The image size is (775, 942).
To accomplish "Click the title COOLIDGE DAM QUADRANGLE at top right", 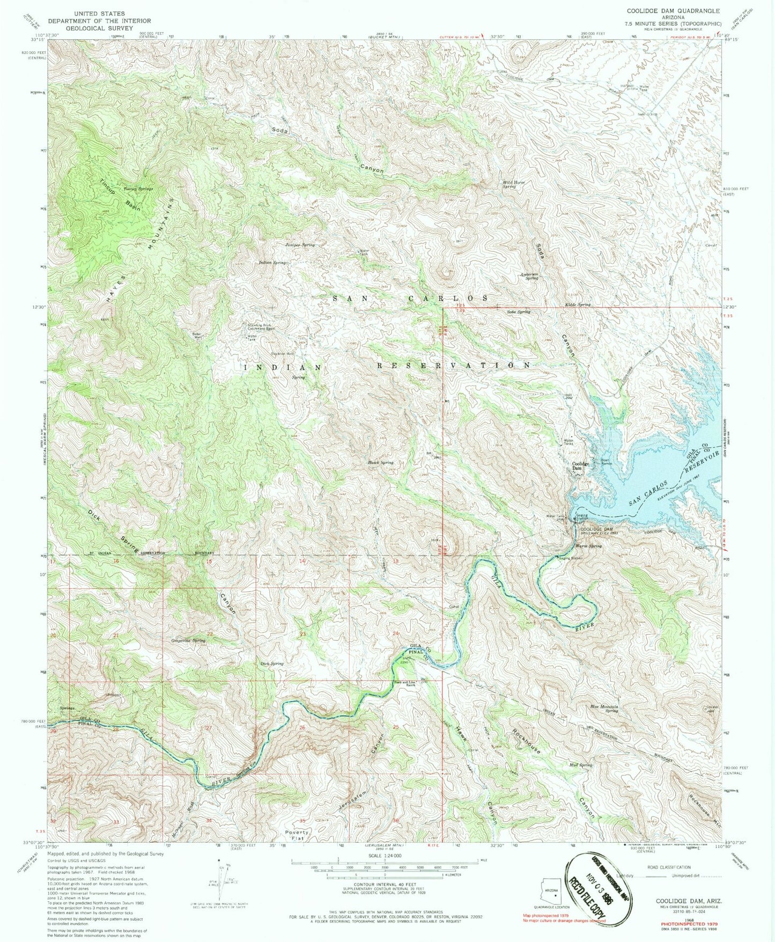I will pyautogui.click(x=677, y=10).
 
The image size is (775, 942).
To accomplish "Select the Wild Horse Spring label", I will pyautogui.click(x=513, y=185).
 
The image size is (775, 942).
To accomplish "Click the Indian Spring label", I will pyautogui.click(x=272, y=262).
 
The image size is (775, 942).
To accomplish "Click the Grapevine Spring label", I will pyautogui.click(x=188, y=640).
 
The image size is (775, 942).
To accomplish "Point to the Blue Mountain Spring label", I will pyautogui.click(x=604, y=709).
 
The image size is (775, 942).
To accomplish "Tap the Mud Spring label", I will pyautogui.click(x=581, y=765).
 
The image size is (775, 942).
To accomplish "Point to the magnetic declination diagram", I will pyautogui.click(x=222, y=880).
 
